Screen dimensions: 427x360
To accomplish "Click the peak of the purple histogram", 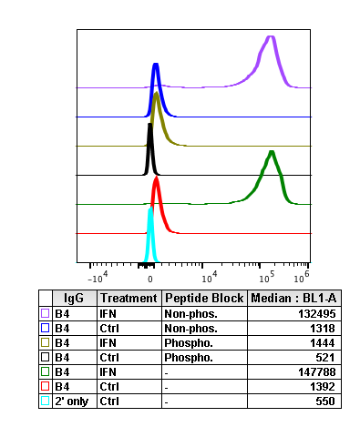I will pos(270,37).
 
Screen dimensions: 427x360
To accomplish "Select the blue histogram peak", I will pos(156,66).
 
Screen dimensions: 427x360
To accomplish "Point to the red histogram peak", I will pos(156,179).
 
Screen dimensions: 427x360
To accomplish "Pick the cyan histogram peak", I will pos(151,209).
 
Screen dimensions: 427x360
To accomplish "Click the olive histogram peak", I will pos(158,94).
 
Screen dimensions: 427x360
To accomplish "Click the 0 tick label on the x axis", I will pos(150,273).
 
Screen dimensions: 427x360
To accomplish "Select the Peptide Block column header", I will pos(204,298).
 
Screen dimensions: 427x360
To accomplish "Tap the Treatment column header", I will pos(129,298).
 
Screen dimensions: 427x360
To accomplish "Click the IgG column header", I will pos(74,298).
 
